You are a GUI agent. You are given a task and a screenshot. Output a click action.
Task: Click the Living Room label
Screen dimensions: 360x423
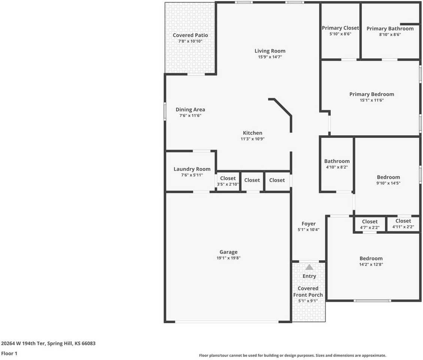[x=270, y=51]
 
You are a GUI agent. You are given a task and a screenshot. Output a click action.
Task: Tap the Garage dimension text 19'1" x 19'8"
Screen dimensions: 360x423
[x=228, y=258]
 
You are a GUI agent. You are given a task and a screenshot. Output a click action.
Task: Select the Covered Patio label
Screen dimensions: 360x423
[x=190, y=35]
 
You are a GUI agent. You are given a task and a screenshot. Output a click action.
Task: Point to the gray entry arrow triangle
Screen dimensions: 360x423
[x=309, y=267]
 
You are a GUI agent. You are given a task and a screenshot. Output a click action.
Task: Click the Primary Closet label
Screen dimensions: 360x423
[x=340, y=28]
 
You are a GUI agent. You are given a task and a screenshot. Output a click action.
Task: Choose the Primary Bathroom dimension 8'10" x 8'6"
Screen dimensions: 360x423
[x=390, y=34]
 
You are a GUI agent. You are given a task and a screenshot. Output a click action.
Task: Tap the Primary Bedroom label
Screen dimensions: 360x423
[x=372, y=94]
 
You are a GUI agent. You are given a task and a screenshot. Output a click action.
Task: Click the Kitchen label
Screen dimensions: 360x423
[x=253, y=133]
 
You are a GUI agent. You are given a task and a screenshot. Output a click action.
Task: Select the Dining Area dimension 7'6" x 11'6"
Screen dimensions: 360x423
[x=190, y=115]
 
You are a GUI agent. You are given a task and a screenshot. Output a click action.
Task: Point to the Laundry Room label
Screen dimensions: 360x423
[x=192, y=169]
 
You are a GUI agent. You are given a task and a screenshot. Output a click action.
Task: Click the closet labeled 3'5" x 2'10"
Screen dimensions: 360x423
[x=228, y=178]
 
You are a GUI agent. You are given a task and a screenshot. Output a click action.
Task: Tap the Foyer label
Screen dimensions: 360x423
[x=308, y=224]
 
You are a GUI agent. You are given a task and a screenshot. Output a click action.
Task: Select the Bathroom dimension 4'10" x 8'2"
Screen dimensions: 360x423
[x=337, y=167]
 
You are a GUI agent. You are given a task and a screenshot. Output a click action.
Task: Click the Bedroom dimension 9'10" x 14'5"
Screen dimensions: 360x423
[x=388, y=183]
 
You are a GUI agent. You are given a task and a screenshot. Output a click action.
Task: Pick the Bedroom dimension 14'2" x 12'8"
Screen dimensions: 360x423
[x=371, y=264]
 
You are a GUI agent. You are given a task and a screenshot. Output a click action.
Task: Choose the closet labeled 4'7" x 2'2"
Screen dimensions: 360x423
[x=370, y=222]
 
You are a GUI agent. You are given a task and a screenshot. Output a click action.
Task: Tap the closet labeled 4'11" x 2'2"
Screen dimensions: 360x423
[x=403, y=221]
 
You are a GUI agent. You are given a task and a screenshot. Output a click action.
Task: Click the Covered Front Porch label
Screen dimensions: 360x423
[x=308, y=291]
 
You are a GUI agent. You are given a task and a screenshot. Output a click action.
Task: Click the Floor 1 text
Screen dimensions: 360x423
[x=9, y=353]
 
